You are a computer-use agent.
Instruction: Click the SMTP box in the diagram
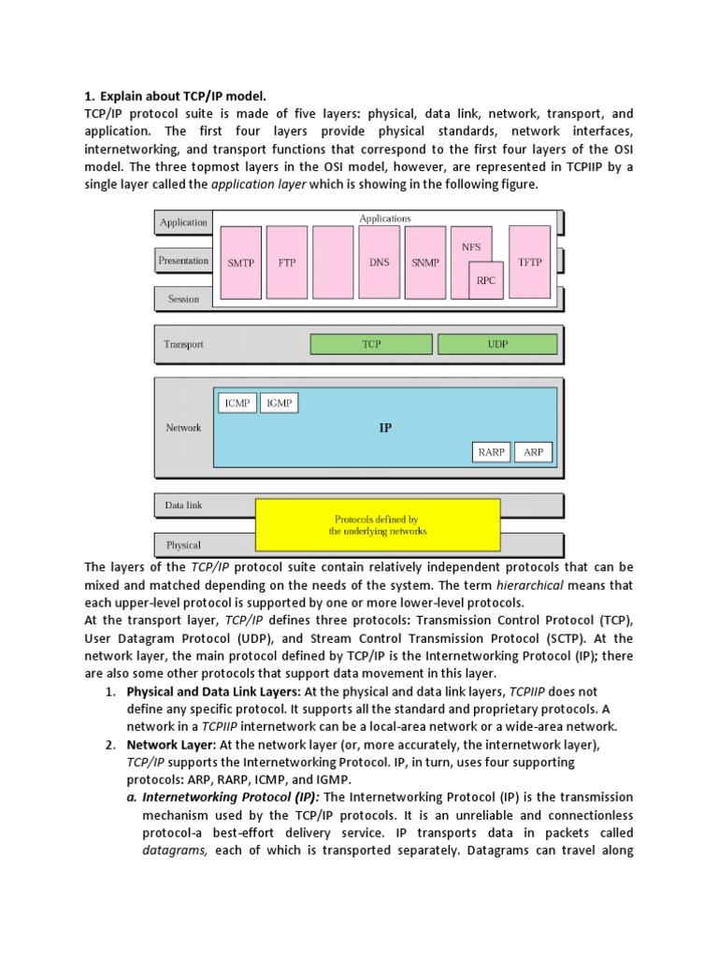tap(241, 264)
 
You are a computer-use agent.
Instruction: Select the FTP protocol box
tap(287, 264)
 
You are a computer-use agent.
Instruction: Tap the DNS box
tap(379, 263)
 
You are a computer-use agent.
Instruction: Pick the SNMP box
tap(424, 264)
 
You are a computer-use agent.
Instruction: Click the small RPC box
tap(486, 279)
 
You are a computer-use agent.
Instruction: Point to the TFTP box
tap(530, 263)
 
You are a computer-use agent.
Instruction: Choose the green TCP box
tap(371, 345)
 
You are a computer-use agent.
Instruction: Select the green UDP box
tap(497, 345)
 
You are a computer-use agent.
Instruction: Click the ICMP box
tap(237, 403)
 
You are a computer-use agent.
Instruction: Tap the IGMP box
tap(280, 403)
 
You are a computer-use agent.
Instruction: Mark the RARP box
tap(491, 452)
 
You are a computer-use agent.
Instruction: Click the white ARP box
tap(533, 452)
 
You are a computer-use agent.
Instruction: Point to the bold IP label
tap(385, 428)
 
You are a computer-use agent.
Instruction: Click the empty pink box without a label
tap(333, 264)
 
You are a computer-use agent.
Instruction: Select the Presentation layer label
tap(183, 261)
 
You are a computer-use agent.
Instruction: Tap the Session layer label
tap(183, 299)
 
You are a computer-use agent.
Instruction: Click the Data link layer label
tap(183, 506)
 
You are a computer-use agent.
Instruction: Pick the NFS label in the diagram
tap(471, 248)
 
